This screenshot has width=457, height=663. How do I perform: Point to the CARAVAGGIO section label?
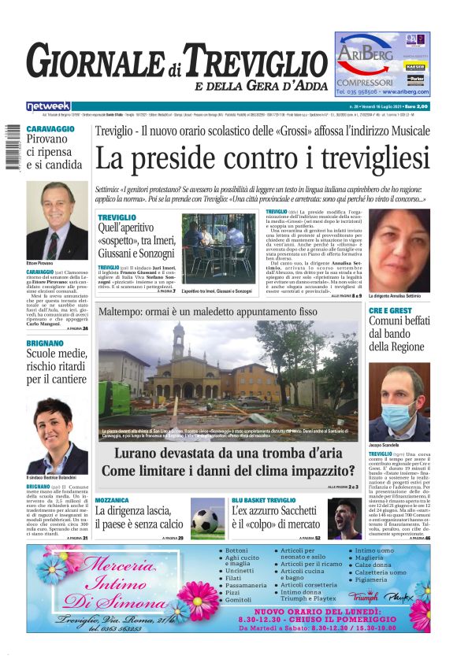50,128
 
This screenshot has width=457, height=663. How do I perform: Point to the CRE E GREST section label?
401,311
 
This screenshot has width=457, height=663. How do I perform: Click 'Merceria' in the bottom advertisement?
118,564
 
